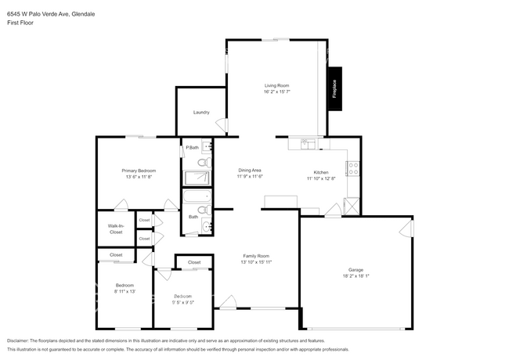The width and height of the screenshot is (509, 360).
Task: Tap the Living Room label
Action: click(277, 86)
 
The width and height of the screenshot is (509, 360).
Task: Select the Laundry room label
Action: click(201, 112)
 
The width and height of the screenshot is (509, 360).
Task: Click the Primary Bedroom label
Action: click(138, 171)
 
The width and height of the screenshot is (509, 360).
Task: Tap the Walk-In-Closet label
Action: click(115, 229)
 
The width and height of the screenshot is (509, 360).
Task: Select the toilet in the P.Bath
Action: click(203, 162)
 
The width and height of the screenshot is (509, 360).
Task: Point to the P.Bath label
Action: click(191, 147)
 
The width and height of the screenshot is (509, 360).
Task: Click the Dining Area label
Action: click(250, 170)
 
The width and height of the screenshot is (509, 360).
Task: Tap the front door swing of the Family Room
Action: click(228, 302)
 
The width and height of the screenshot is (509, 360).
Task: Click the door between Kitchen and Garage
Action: click(332, 210)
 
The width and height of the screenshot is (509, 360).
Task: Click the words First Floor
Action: click(20, 23)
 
